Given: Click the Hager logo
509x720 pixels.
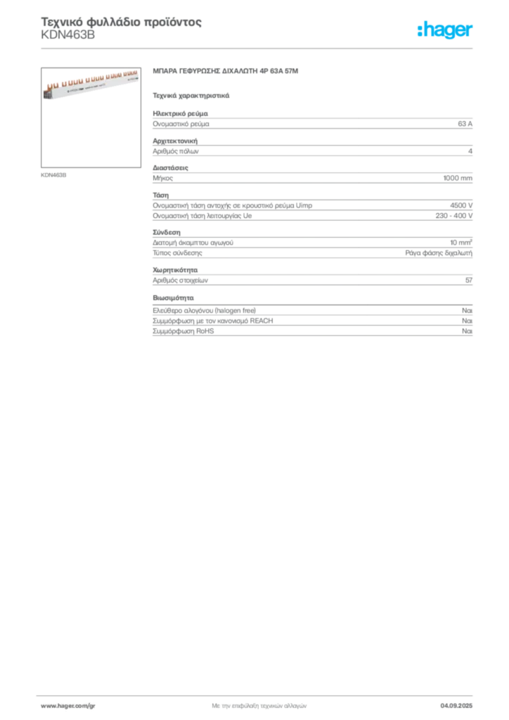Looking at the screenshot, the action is pyautogui.click(x=445, y=30).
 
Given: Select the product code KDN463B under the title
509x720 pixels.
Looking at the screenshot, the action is pyautogui.click(x=68, y=35).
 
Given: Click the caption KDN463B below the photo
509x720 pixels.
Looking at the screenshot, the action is pyautogui.click(x=53, y=175).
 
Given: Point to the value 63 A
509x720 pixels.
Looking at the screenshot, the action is pyautogui.click(x=465, y=124).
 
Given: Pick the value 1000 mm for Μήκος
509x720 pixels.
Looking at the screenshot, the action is pyautogui.click(x=458, y=178).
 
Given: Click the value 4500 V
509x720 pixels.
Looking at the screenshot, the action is pyautogui.click(x=461, y=205).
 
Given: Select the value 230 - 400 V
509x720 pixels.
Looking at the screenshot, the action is pyautogui.click(x=454, y=215).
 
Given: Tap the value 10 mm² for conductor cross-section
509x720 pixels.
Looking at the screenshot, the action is pyautogui.click(x=461, y=243).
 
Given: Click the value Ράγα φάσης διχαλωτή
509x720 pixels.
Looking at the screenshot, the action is pyautogui.click(x=439, y=253).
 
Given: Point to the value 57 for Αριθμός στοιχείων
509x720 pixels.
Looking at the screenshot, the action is pyautogui.click(x=469, y=280).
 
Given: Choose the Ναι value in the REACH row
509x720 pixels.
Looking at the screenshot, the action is pyautogui.click(x=468, y=321).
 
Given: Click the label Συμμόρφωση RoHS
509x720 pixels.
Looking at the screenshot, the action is pyautogui.click(x=183, y=331).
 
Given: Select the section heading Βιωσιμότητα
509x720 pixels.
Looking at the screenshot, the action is pyautogui.click(x=173, y=298).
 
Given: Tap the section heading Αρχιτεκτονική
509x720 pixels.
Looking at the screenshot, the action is pyautogui.click(x=175, y=141).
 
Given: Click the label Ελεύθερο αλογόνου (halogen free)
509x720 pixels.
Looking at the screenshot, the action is pyautogui.click(x=205, y=310).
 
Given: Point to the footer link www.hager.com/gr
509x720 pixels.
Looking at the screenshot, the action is pyautogui.click(x=68, y=706).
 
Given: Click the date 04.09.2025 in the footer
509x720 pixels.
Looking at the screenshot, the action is pyautogui.click(x=456, y=706).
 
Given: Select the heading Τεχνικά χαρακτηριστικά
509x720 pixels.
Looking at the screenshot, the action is pyautogui.click(x=191, y=96).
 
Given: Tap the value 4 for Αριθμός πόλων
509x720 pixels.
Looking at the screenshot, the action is pyautogui.click(x=470, y=151).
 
